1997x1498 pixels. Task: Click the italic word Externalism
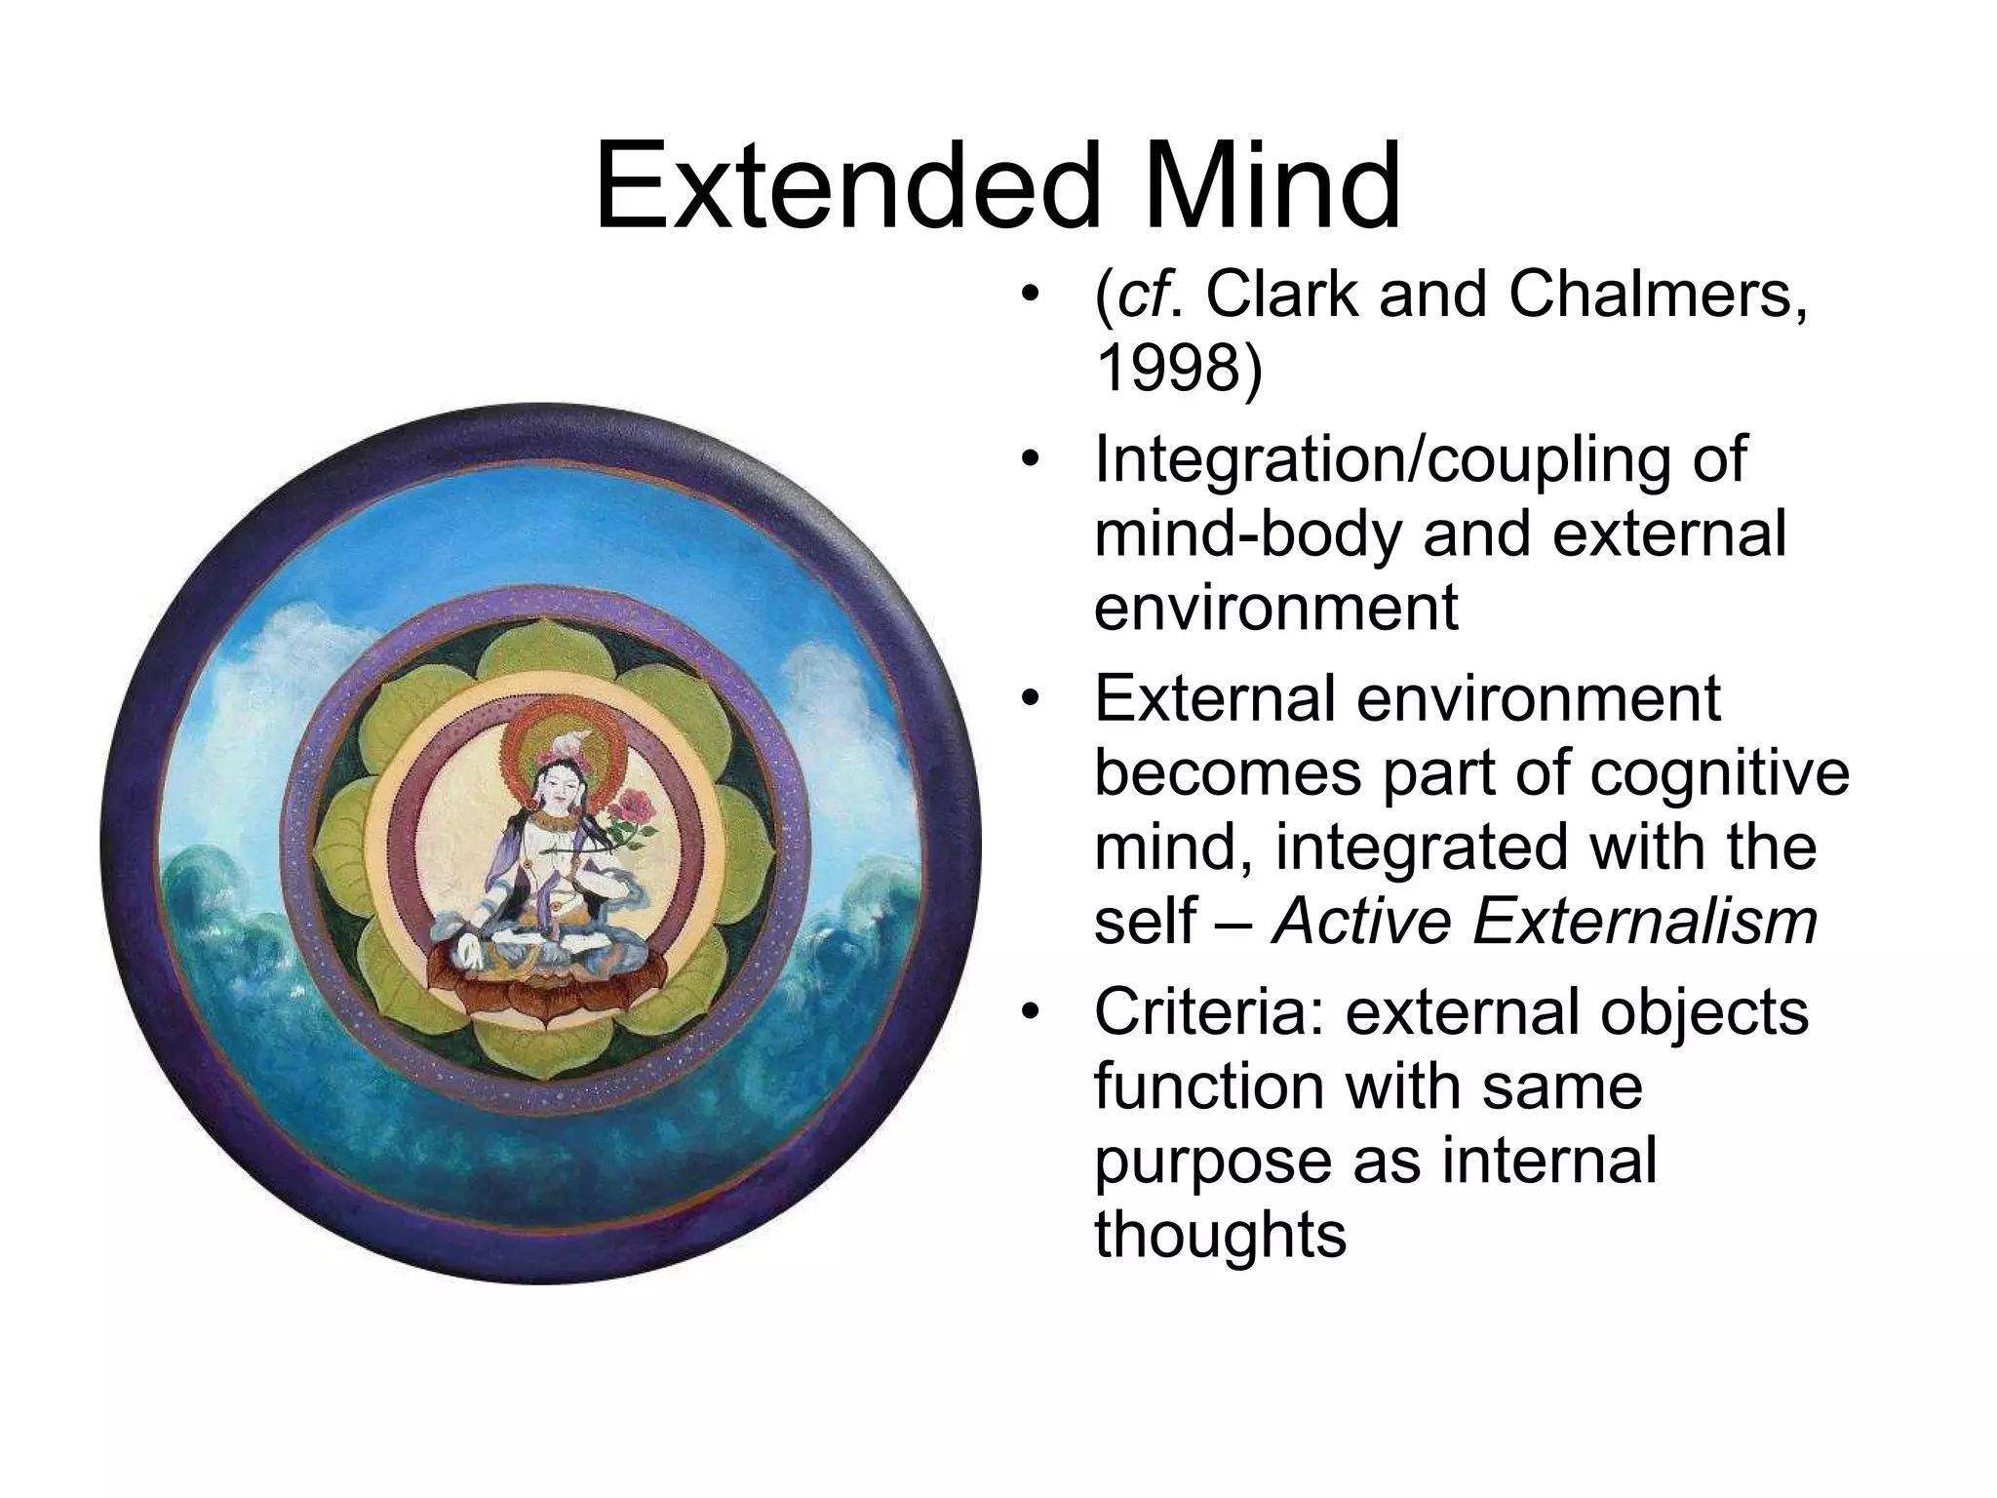1645,920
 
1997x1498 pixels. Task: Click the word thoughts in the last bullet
1220,1234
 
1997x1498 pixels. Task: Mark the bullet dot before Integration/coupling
1029,460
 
